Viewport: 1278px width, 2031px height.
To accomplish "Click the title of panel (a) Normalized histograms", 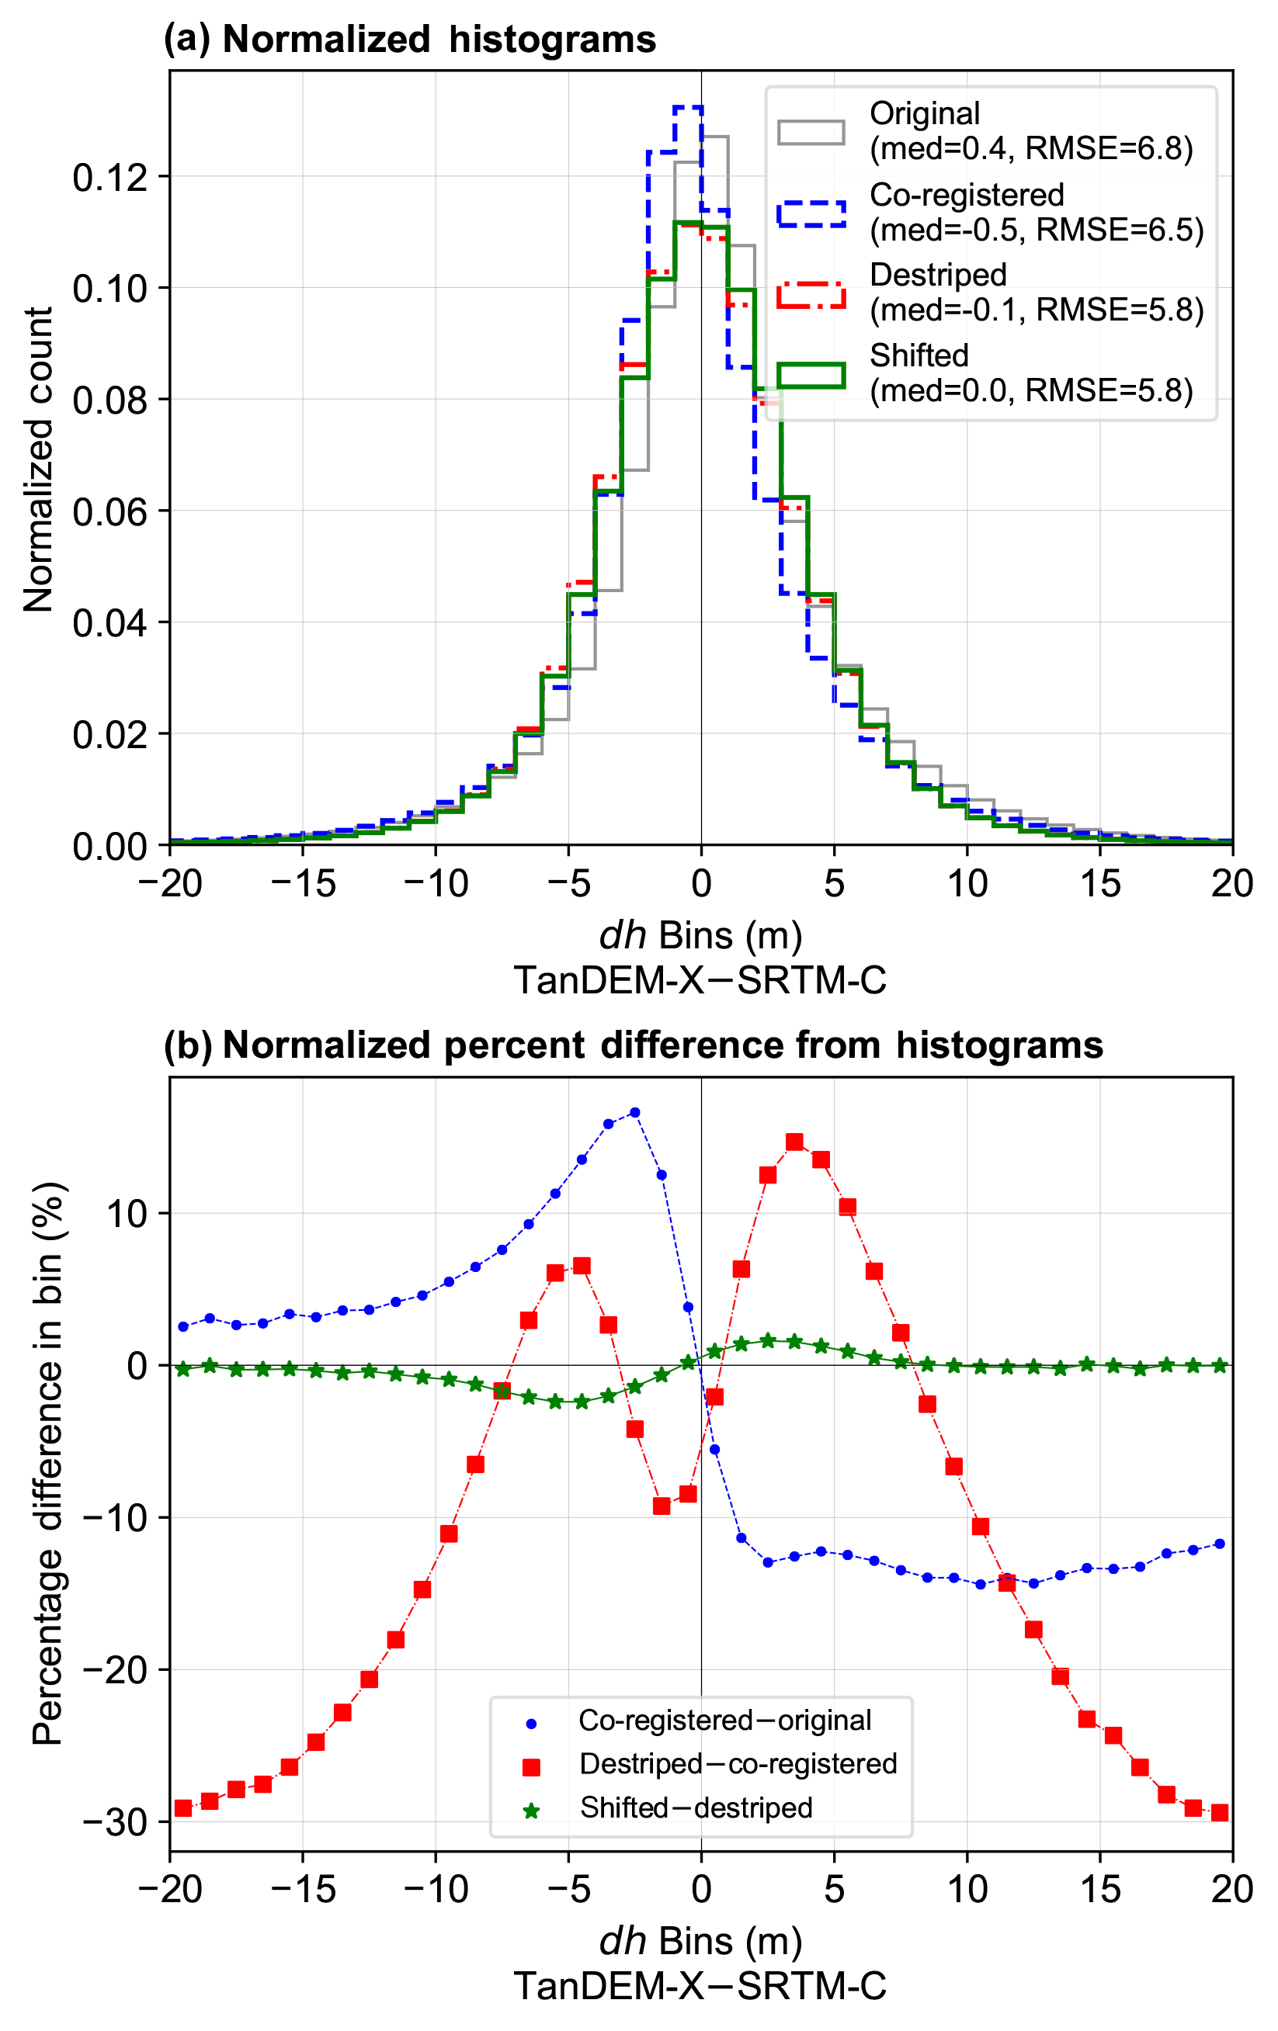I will pyautogui.click(x=410, y=40).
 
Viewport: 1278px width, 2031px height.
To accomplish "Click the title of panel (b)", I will pyautogui.click(x=633, y=1045).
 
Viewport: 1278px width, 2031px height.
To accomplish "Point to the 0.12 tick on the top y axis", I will pyautogui.click(x=109, y=177).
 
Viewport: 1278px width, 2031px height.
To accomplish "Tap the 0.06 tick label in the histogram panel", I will pyautogui.click(x=109, y=511).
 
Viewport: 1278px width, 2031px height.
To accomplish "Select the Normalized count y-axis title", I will pyautogui.click(x=39, y=459).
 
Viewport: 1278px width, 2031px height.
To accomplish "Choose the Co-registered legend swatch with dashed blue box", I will pyautogui.click(x=811, y=213).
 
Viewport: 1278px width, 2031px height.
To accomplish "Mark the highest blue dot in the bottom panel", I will pyautogui.click(x=635, y=1112).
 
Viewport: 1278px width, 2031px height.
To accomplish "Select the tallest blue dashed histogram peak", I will pyautogui.click(x=687, y=108).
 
